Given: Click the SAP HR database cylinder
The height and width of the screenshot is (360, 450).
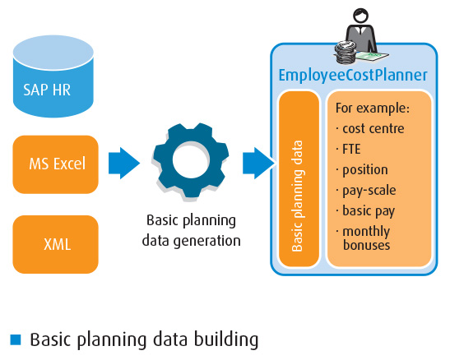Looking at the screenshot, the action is pos(53,76).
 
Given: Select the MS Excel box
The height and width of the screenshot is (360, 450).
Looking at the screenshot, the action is pos(56,164).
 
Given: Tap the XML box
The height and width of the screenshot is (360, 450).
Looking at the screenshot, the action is pos(56,244).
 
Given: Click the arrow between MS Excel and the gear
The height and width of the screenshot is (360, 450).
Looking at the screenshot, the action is pos(124,163).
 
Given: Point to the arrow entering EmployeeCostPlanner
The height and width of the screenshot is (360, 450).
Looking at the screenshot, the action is pos(258,163).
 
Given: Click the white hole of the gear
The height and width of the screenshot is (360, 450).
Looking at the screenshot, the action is pos(191,159).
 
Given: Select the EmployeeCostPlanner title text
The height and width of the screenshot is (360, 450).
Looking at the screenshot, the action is pos(353,76).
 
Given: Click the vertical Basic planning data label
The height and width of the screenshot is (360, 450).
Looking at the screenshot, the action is pos(297,196).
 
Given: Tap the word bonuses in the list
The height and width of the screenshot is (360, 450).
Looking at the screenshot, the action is pos(366,246).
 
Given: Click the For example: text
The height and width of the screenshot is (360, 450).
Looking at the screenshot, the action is pos(373,108).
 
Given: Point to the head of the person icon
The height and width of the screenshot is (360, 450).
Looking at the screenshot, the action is pos(360,16).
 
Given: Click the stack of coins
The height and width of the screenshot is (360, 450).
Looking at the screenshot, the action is pos(346,52).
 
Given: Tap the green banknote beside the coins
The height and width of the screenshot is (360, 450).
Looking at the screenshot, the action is pos(372,56).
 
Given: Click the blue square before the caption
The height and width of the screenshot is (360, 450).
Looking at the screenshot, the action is pos(16,339).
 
